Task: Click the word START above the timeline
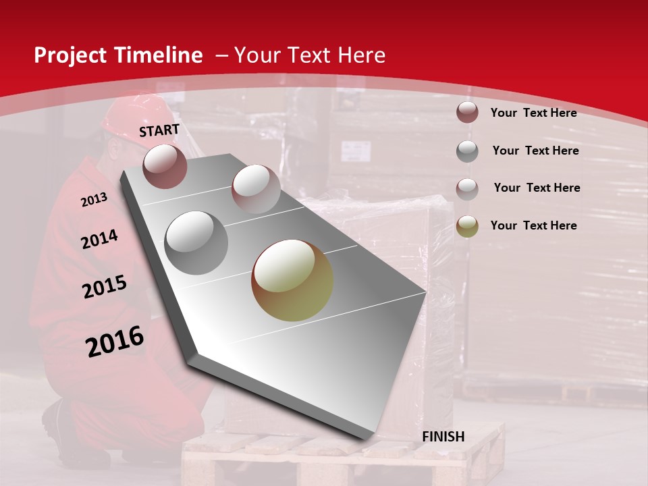pyautogui.click(x=159, y=130)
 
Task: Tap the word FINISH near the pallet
pyautogui.click(x=443, y=437)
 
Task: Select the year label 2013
pyautogui.click(x=94, y=200)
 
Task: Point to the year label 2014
pyautogui.click(x=99, y=240)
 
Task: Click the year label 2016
pyautogui.click(x=115, y=342)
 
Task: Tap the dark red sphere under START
pyautogui.click(x=165, y=166)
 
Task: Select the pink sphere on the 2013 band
pyautogui.click(x=256, y=189)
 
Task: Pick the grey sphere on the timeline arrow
pyautogui.click(x=196, y=242)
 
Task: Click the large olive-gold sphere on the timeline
pyautogui.click(x=292, y=280)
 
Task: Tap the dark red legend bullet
pyautogui.click(x=467, y=113)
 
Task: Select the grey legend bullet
pyautogui.click(x=467, y=151)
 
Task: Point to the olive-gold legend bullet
pyautogui.click(x=467, y=226)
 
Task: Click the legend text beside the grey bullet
pyautogui.click(x=535, y=151)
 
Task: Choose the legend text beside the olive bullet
pyautogui.click(x=533, y=225)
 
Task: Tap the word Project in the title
pyautogui.click(x=70, y=55)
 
